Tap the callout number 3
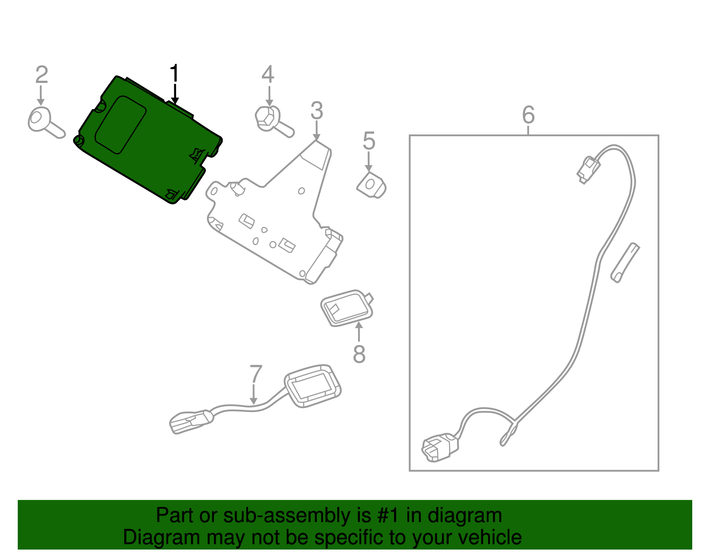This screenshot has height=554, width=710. coord(316,110)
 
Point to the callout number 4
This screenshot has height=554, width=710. coord(268,75)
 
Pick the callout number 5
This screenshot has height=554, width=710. coord(369,141)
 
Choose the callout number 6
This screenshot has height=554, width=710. coord(528,115)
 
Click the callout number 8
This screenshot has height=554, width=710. coord(359,354)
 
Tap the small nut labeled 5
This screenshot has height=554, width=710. coord(371,185)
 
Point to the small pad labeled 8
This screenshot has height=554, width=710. coord(347,307)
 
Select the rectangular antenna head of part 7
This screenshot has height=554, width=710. coord(313,385)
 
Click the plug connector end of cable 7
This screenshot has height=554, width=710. coord(191,420)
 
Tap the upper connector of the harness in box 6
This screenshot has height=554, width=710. coord(588,169)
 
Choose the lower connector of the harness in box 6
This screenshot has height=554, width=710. coord(439,447)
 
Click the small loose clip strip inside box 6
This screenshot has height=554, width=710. coord(625,262)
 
